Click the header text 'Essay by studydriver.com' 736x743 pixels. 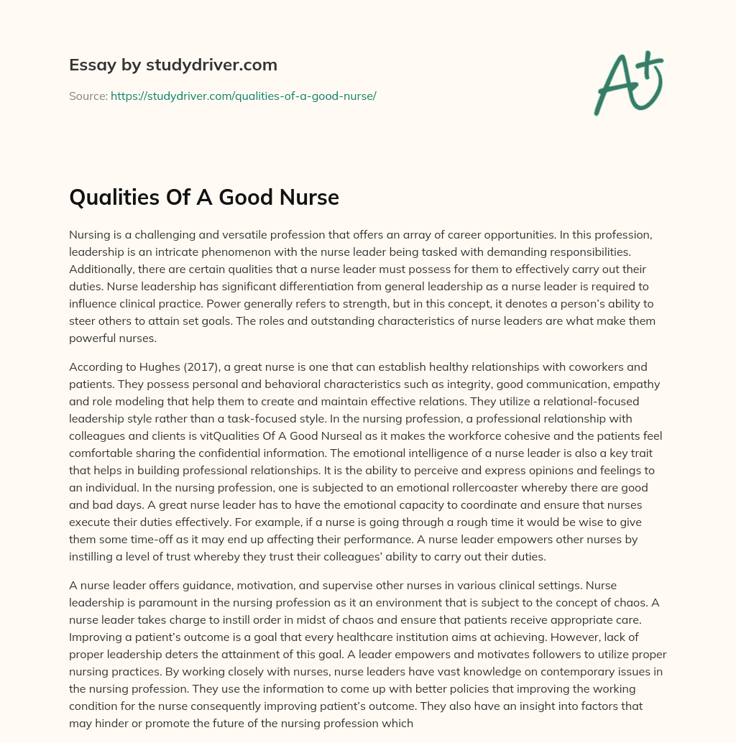click(x=173, y=65)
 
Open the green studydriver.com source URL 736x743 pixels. click(x=244, y=96)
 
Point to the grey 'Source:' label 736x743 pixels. click(x=88, y=96)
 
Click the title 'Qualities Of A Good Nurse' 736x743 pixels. click(x=204, y=197)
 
